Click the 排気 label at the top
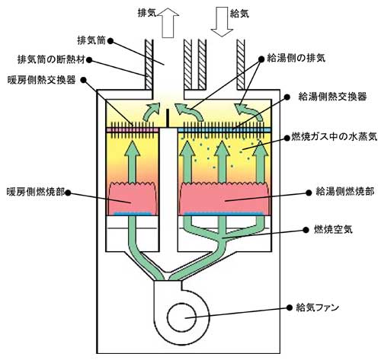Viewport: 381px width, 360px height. coord(147,13)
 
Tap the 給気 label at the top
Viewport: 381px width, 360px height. coord(239,14)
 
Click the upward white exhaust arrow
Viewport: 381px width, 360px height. coord(168,23)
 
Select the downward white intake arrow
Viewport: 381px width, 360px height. coord(222,22)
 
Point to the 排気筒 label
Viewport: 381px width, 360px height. coord(91,40)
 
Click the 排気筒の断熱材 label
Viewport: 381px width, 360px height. coord(51,60)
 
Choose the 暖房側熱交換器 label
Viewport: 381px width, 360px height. coord(42,80)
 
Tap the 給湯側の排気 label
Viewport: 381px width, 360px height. coord(296,59)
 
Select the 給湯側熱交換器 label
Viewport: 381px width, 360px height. coord(332,97)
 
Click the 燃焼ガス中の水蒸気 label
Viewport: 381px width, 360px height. coord(335,137)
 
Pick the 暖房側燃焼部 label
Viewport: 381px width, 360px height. coord(36,192)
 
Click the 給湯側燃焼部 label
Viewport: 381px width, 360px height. coord(344,192)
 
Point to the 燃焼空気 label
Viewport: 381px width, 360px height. coord(333,230)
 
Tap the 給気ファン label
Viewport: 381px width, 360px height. coord(318,307)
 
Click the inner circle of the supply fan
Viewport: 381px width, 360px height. coord(182,317)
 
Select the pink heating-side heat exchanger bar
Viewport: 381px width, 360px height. coord(133,130)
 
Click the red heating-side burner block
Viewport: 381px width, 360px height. coord(133,199)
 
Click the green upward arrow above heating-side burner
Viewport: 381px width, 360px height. coord(132,162)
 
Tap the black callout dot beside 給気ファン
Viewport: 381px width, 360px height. coord(289,307)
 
